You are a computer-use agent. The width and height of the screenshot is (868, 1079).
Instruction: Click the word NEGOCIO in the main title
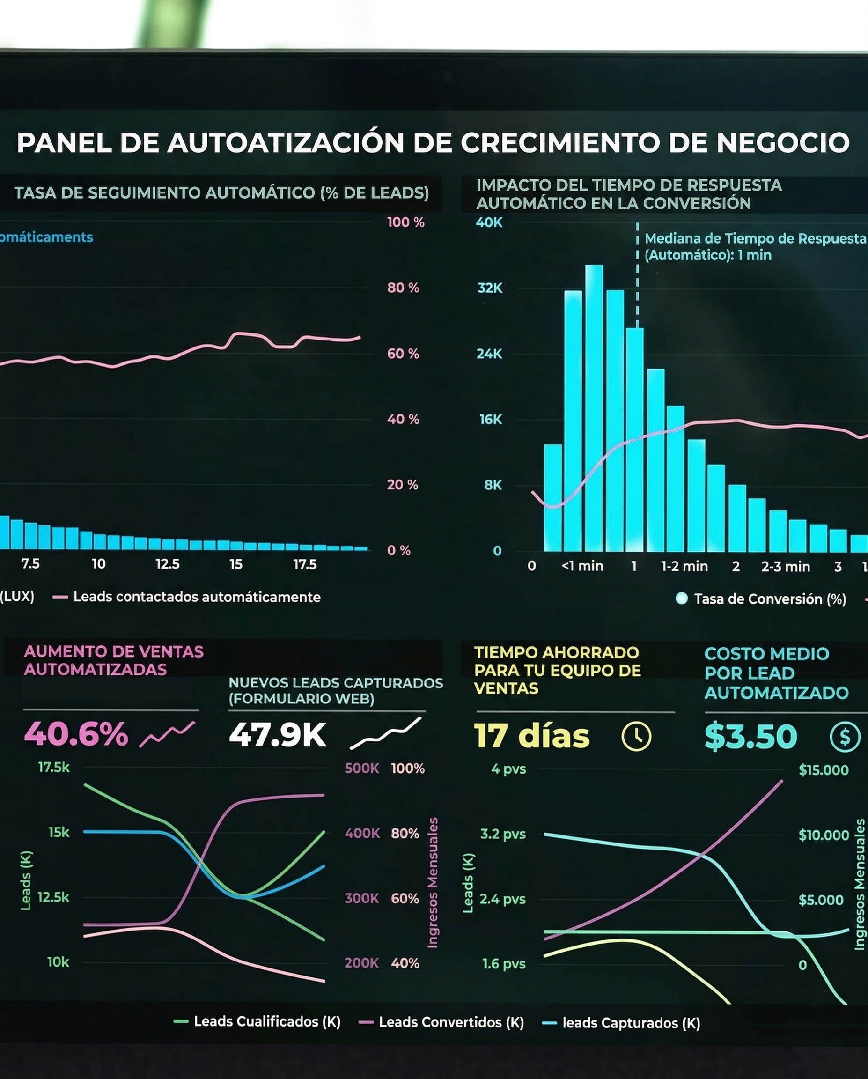tap(783, 143)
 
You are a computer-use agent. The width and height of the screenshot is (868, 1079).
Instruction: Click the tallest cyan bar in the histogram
tap(594, 408)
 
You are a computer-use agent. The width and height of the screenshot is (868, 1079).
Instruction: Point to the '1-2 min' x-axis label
tap(684, 567)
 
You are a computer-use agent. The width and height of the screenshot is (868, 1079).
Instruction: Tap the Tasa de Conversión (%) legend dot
tap(681, 599)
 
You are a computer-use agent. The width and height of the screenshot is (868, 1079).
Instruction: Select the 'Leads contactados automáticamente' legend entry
tap(197, 597)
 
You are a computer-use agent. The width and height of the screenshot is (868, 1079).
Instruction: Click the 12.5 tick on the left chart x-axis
tap(167, 564)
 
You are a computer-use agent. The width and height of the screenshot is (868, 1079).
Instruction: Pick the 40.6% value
tap(76, 735)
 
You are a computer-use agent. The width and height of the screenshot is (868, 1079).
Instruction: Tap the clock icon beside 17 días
tap(636, 736)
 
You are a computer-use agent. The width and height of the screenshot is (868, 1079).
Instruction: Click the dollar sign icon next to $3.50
tap(845, 737)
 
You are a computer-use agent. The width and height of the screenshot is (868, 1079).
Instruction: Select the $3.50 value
tap(750, 736)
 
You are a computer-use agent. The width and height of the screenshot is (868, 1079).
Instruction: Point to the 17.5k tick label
tap(54, 767)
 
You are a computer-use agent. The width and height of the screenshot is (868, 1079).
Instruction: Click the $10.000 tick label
tap(824, 835)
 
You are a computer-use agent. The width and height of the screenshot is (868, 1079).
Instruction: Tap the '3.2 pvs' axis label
tap(503, 834)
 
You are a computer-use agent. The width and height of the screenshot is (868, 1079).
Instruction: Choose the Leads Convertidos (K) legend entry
tap(451, 1022)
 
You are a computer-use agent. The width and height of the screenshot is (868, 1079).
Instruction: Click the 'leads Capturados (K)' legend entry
tap(631, 1023)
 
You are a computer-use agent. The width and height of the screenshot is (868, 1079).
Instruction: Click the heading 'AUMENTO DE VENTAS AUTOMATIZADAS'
tap(114, 660)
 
